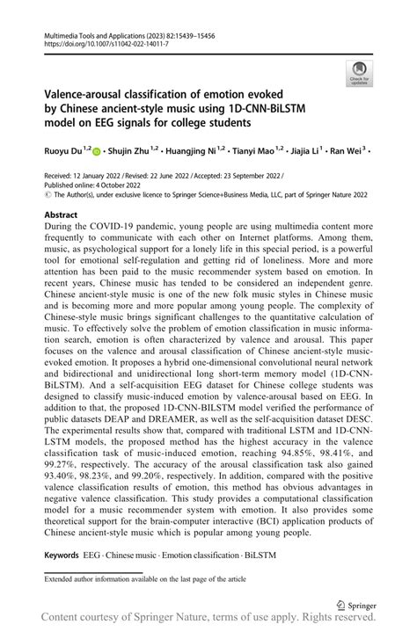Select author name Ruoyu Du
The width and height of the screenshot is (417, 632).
click(62, 151)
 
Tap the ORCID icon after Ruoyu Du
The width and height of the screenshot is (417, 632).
click(98, 151)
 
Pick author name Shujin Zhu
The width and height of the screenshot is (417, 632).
click(132, 151)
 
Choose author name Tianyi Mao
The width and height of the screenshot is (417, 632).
click(259, 151)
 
